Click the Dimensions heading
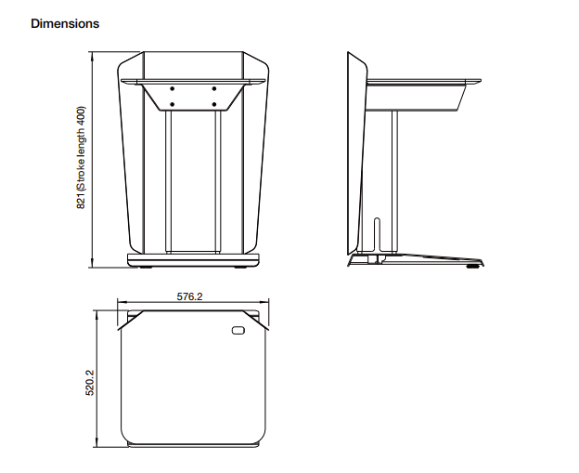pyautogui.click(x=65, y=23)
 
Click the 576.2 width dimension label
pyautogui.click(x=189, y=296)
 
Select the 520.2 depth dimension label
pyautogui.click(x=90, y=383)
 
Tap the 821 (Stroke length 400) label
pyautogui.click(x=81, y=158)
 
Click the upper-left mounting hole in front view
pyautogui.click(x=172, y=89)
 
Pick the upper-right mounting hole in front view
pyautogui.click(x=214, y=89)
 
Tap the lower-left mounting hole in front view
pyautogui.click(x=172, y=105)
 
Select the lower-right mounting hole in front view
pyautogui.click(x=214, y=105)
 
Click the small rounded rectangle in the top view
pyautogui.click(x=238, y=330)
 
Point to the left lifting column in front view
pyautogui.click(x=168, y=181)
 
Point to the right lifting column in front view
pyautogui.click(x=218, y=181)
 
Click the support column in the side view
pyautogui.click(x=394, y=181)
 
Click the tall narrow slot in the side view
pyautogui.click(x=377, y=234)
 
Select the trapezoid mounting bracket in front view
pyautogui.click(x=192, y=97)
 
